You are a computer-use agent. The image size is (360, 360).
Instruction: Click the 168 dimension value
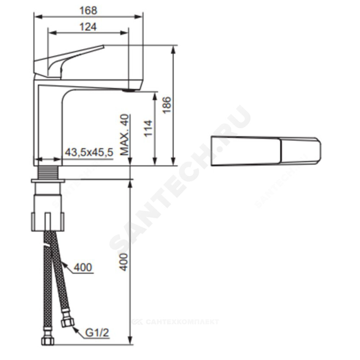[x=88, y=10]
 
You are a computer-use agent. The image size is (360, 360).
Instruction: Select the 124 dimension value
[x=88, y=27]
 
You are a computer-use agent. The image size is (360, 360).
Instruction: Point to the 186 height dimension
[x=167, y=105]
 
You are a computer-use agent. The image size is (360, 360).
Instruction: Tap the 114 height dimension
[x=148, y=129]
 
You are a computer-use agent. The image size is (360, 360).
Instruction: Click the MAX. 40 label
[x=125, y=135]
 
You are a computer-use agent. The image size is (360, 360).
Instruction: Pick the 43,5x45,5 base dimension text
[x=89, y=152]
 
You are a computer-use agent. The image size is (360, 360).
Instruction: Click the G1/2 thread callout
[x=97, y=333]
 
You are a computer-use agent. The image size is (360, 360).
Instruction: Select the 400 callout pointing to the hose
[x=83, y=267]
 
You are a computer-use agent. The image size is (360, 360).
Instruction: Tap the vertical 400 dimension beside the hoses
[x=124, y=262]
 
